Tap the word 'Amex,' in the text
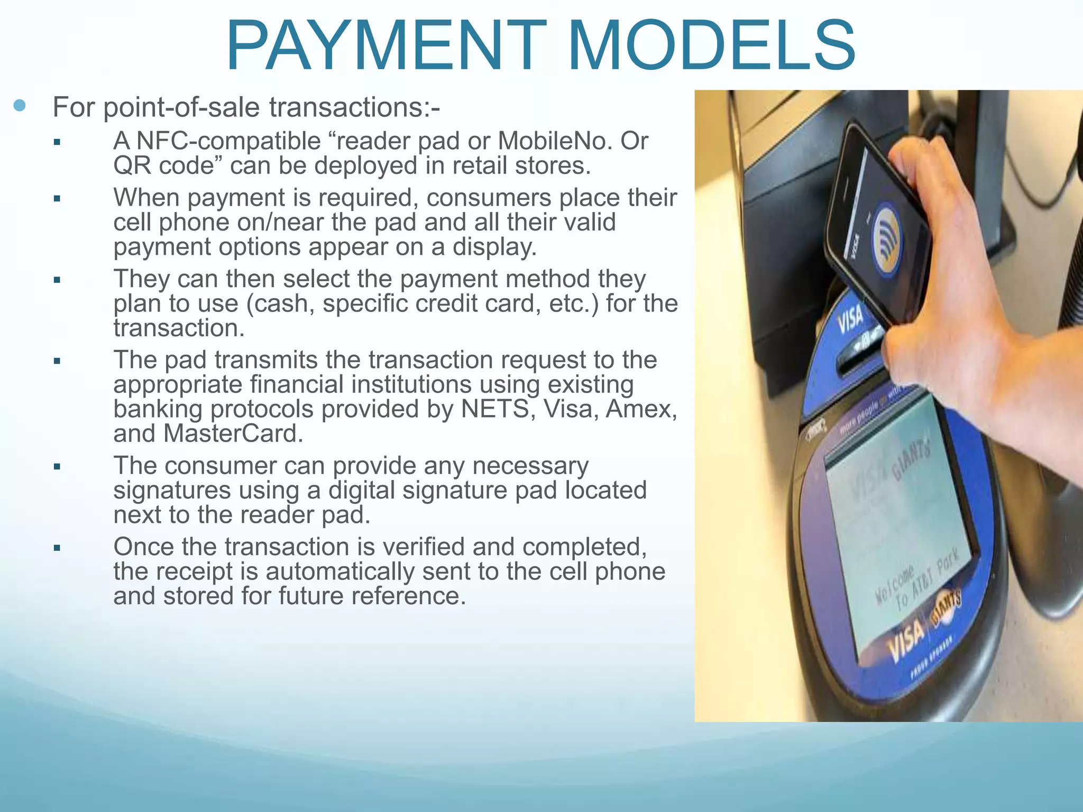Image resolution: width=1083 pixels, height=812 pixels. click(641, 409)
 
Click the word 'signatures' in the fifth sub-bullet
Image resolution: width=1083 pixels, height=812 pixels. click(172, 491)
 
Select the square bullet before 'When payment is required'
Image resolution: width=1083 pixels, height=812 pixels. click(57, 199)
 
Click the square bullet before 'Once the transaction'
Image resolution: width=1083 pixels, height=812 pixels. click(57, 548)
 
